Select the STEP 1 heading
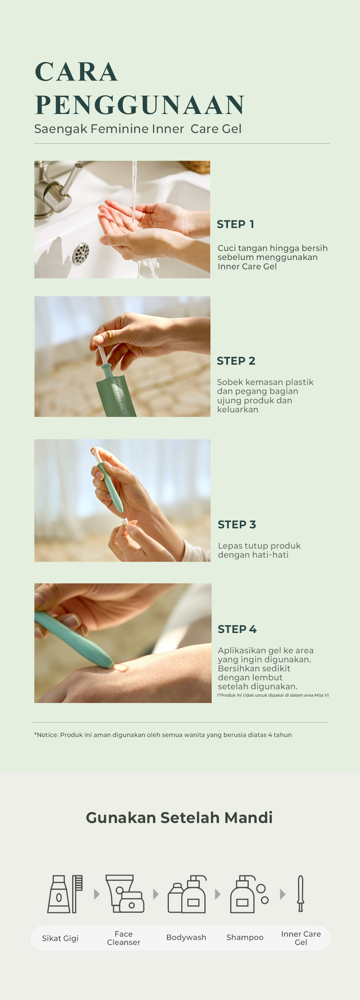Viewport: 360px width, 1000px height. point(235,224)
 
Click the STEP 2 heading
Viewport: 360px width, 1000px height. point(236,361)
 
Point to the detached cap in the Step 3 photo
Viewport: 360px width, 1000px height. point(125,521)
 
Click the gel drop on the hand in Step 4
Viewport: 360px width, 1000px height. point(120,668)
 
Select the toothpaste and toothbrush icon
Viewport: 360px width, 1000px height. point(65,894)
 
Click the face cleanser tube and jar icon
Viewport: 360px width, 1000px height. point(125,894)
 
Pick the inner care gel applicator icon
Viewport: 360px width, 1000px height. point(300,894)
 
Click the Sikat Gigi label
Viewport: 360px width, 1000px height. point(60,938)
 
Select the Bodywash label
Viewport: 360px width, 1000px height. point(186,937)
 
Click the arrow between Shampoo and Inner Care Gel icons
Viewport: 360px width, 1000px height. point(283,894)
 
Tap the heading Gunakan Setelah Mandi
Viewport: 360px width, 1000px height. point(179,817)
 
